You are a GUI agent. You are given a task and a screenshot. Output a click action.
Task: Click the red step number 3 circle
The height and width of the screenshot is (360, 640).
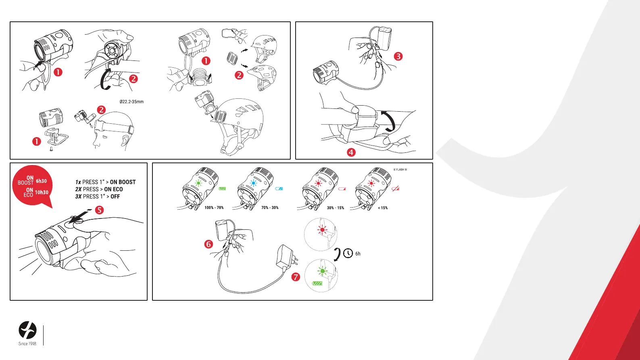click(398, 56)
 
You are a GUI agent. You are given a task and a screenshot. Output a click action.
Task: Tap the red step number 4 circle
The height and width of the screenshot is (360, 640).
click(351, 152)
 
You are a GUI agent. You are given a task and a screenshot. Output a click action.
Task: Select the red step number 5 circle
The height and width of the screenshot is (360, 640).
click(99, 210)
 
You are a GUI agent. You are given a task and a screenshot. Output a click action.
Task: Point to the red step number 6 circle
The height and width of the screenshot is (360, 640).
click(208, 244)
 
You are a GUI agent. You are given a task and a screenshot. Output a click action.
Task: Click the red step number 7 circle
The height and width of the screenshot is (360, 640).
click(296, 277)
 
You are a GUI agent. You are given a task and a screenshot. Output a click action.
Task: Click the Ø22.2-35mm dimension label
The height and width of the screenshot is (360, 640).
click(131, 102)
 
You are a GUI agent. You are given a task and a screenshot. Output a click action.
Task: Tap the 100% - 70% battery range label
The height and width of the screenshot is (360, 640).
click(214, 208)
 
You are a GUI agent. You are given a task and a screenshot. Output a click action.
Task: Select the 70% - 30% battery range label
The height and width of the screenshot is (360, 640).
click(270, 208)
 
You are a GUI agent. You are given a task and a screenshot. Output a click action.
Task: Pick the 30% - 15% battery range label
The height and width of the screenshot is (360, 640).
click(336, 208)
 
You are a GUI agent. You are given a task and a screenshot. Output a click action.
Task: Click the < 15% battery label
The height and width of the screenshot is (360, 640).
click(383, 208)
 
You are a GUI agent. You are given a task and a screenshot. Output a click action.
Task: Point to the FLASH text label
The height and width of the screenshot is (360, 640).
click(400, 170)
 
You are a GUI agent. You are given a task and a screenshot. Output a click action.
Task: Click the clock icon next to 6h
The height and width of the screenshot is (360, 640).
click(348, 254)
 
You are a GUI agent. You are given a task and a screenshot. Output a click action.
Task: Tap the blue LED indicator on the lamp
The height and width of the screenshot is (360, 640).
click(253, 183)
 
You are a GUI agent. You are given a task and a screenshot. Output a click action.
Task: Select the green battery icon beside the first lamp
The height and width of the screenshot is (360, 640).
click(222, 189)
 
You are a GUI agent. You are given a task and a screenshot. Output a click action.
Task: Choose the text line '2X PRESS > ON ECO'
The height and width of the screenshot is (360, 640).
click(99, 189)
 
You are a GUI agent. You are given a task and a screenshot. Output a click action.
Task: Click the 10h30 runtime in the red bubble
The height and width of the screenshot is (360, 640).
click(42, 192)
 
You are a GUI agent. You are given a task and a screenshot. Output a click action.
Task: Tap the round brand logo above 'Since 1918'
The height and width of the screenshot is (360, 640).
click(28, 330)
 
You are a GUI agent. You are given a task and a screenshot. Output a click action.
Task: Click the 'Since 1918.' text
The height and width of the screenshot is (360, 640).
click(28, 344)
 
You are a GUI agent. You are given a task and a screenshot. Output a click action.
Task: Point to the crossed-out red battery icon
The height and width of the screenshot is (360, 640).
click(396, 189)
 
